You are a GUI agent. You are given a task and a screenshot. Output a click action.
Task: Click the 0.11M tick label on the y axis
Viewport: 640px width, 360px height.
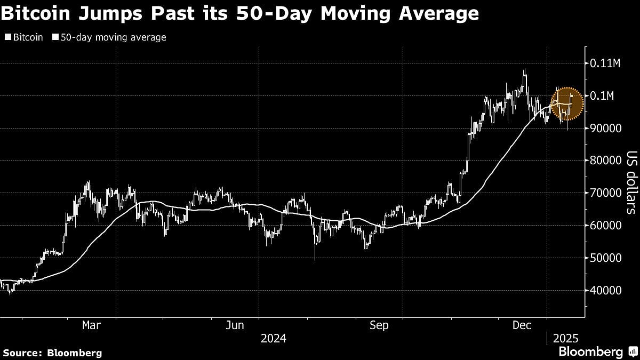pos(605,63)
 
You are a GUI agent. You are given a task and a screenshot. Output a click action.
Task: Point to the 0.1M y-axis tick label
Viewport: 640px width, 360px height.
pos(602,96)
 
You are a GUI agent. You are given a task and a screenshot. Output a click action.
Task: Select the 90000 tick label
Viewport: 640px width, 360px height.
pos(605,129)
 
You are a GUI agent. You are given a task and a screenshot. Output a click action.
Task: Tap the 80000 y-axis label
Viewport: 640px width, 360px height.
pos(605,161)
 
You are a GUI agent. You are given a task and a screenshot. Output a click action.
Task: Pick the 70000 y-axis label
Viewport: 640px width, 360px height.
pos(605,193)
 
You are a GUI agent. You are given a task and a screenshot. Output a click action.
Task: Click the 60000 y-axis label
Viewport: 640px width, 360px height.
pos(605,226)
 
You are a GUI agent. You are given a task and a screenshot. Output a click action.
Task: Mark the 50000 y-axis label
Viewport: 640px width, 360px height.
pos(605,258)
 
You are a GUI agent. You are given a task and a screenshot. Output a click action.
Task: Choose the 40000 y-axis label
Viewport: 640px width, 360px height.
pos(605,291)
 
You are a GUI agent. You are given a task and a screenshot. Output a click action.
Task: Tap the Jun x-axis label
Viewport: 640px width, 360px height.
pos(235,325)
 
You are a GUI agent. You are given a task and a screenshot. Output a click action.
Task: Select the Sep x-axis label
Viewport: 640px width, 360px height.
pos(379,325)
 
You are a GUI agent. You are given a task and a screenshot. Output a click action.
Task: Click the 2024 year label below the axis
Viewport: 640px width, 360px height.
pos(273,338)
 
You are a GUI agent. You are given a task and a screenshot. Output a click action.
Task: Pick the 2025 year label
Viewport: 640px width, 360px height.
pos(565,338)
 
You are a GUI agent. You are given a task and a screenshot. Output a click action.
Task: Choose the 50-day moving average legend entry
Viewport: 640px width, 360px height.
pos(109,37)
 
